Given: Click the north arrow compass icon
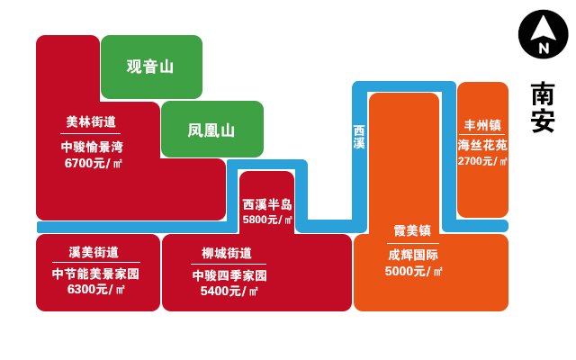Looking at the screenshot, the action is pos(543,34).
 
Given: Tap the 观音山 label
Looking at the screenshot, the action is pos(150,67).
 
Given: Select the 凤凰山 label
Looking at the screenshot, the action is pos(211,130).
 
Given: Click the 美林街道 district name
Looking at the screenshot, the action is pos(91,121).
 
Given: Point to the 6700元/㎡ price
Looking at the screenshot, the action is pos(93,163).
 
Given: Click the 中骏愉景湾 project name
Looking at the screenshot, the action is pos(92,147).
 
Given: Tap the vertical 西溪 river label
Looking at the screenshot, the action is pos(359,137).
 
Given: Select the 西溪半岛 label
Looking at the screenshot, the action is pos(267,204).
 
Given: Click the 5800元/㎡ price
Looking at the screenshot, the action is pos(267,220).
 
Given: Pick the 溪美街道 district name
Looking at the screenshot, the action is pos(94,252).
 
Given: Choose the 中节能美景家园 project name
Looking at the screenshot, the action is pos(95,274).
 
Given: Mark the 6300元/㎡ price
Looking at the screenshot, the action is pos(96,289).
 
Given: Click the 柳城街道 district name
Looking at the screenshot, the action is pos(227,253).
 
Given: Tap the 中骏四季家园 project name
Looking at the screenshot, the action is pos(229,275).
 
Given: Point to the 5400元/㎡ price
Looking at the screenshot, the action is pos(229,291).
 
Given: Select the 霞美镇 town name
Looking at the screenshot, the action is pos(412,230).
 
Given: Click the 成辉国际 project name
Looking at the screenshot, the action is pos(413,255).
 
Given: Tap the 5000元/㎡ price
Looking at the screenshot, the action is pos(413,271).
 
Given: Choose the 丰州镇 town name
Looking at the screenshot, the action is pos(482,125).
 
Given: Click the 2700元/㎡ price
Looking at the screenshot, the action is pos(482,161).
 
